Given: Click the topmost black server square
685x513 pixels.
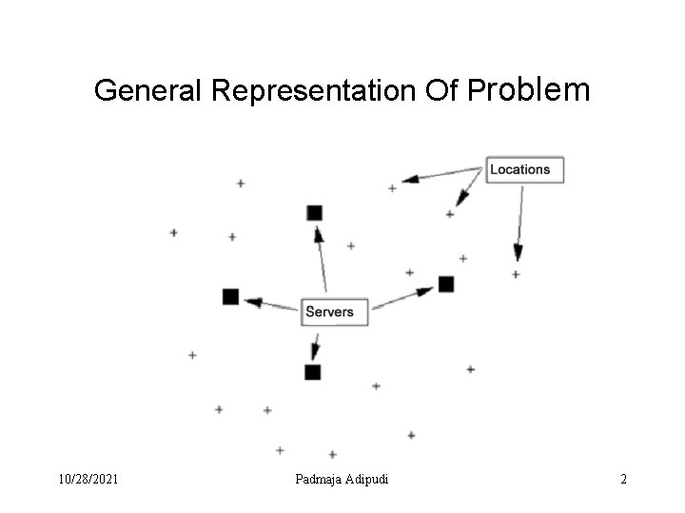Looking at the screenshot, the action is pos(315,212).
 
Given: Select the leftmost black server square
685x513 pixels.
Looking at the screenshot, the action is pos(230,296).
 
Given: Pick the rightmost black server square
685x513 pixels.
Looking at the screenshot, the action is pos(446,283).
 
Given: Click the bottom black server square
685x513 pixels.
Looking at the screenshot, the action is pos(312,371).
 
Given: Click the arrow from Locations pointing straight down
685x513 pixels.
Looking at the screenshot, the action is pos(519,223).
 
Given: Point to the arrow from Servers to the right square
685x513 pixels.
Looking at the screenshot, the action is pos(403,297).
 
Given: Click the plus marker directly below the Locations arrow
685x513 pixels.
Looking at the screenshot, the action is pos(516,275).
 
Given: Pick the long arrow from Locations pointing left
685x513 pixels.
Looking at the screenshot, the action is pos(441,174).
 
